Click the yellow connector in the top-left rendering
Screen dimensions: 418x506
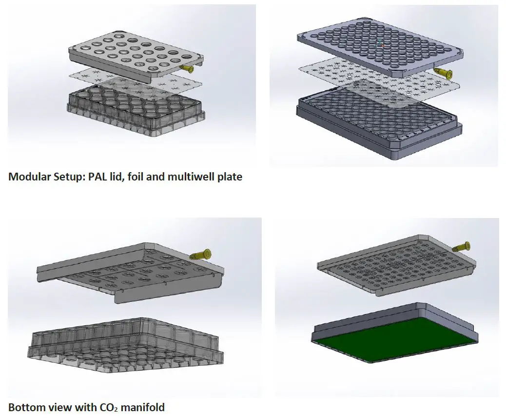pyautogui.click(x=187, y=69)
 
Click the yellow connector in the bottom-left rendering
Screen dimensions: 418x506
pyautogui.click(x=201, y=254)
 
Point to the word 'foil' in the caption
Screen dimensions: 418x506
pyautogui.click(x=134, y=177)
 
